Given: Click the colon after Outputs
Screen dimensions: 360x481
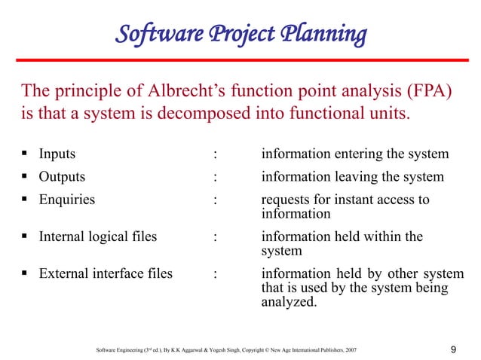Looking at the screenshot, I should [216, 177].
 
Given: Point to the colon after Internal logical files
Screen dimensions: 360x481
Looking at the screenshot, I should [216, 236].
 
